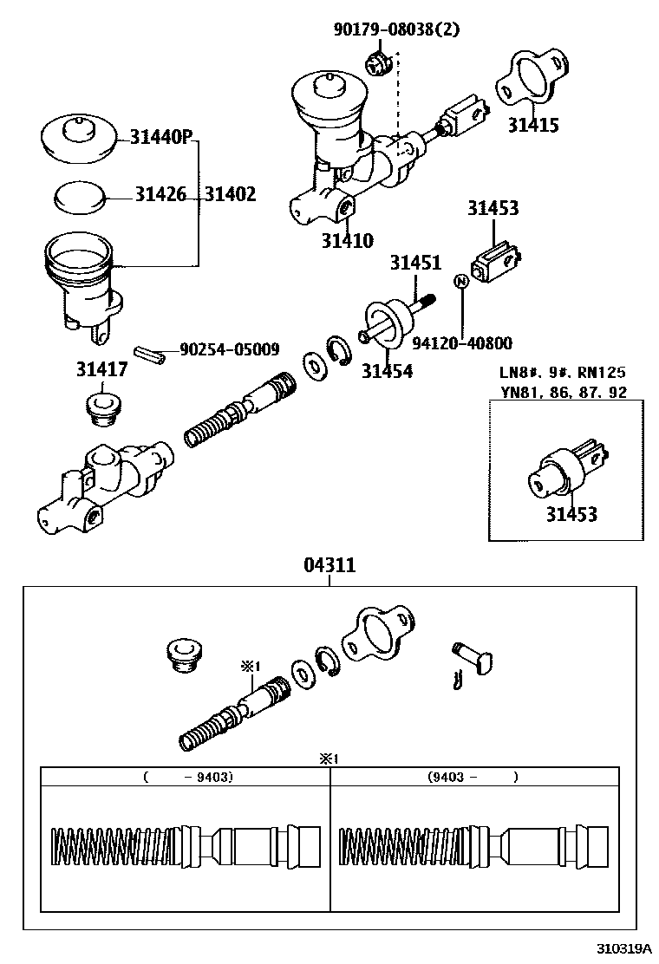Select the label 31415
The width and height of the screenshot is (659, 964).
[532, 125]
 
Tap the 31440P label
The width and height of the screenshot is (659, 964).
[161, 137]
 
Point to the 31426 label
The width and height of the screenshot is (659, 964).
[160, 194]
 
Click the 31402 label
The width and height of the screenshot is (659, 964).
[231, 194]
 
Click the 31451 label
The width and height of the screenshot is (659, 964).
[414, 263]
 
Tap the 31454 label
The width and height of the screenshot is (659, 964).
[387, 371]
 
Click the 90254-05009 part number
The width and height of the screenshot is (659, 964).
[230, 350]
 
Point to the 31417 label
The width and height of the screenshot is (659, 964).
[101, 370]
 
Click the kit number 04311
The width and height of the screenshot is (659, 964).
[329, 565]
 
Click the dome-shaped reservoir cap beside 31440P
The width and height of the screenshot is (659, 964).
[79, 138]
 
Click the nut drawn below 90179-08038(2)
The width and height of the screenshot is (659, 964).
[375, 62]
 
